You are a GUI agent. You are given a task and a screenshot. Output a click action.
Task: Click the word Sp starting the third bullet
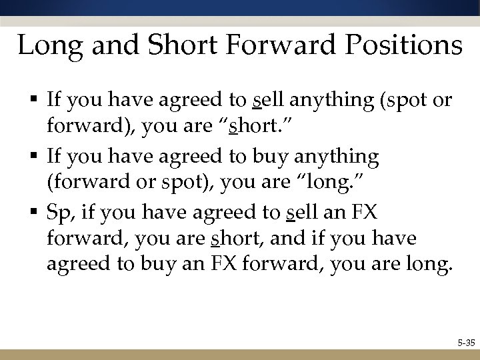pyautogui.click(x=58, y=213)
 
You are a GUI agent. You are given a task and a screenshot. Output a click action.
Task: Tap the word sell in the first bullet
pyautogui.click(x=269, y=101)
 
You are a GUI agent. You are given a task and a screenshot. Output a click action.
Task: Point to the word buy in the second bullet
pyautogui.click(x=268, y=157)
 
